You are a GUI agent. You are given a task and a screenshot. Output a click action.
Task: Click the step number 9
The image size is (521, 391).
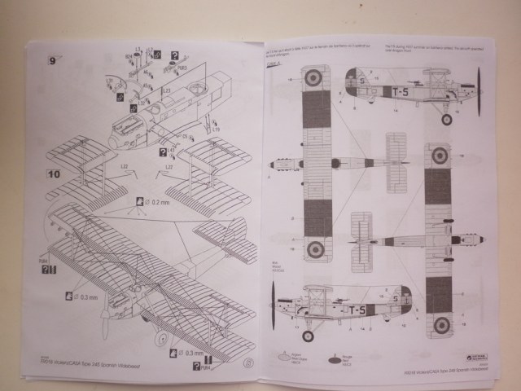53,59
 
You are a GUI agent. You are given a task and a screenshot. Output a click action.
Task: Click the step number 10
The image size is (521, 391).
53,174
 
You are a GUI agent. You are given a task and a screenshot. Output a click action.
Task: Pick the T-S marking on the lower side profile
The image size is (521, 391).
357,310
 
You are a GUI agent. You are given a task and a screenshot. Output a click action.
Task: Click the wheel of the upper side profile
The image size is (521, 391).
446,120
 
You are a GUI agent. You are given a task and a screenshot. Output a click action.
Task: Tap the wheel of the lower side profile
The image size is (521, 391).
308,336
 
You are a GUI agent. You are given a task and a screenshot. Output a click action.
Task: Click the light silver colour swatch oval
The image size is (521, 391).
283,357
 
